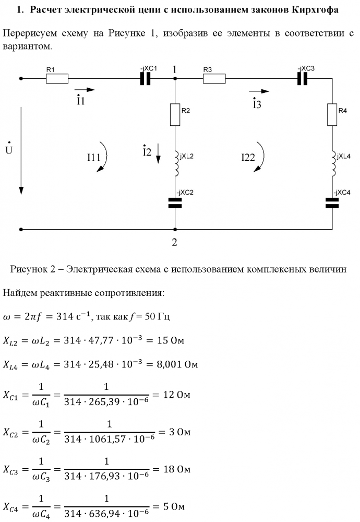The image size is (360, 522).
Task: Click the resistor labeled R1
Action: [57, 79]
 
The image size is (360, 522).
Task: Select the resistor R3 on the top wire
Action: [214, 79]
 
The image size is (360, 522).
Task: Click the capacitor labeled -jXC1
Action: [146, 79]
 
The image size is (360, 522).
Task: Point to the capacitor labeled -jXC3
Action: [303, 79]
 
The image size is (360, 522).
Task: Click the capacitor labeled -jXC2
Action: [175, 203]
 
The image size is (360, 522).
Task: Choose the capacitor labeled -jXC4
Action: [332, 203]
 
